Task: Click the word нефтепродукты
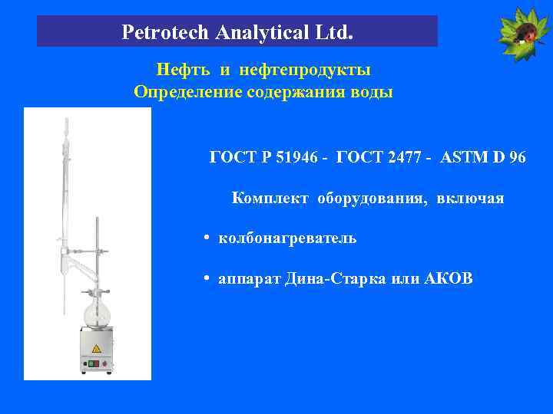pyautogui.click(x=305, y=71)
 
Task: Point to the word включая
pyautogui.click(x=470, y=199)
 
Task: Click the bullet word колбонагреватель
pyautogui.click(x=287, y=238)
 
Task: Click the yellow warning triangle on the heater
pyautogui.click(x=97, y=349)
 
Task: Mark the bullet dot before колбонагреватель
pyautogui.click(x=208, y=238)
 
